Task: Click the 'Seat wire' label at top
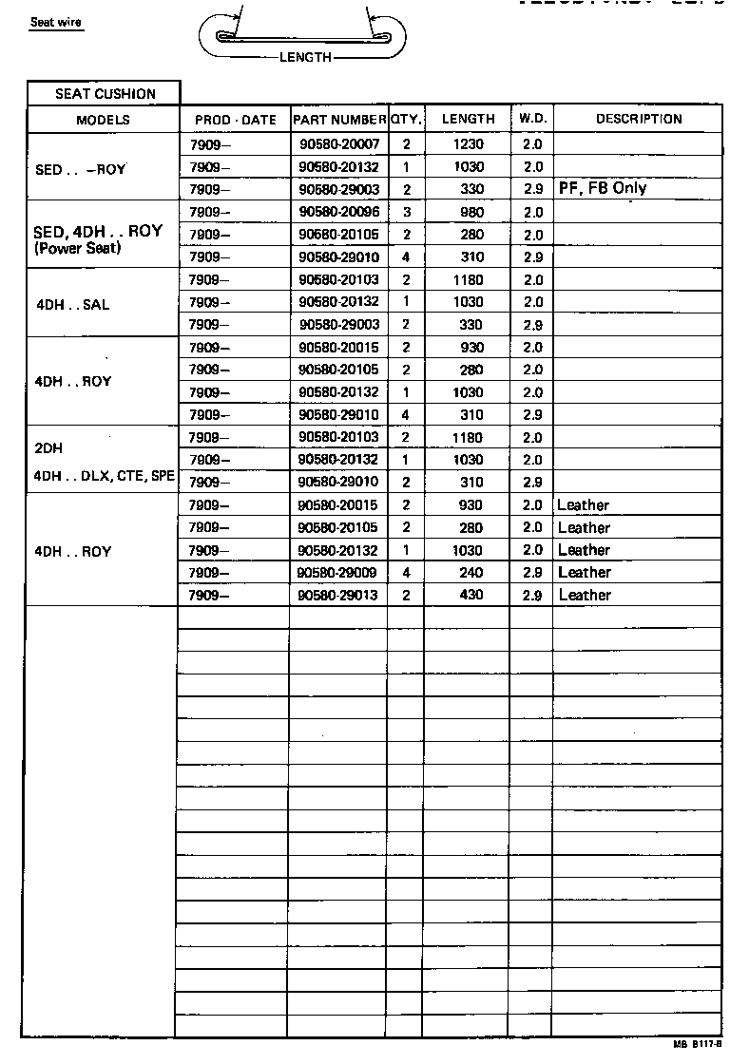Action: click(x=56, y=23)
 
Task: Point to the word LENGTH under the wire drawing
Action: click(x=305, y=57)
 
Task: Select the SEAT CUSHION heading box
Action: click(x=105, y=93)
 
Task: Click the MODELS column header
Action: click(x=103, y=120)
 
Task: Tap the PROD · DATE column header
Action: click(x=235, y=120)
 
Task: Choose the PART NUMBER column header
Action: click(x=339, y=120)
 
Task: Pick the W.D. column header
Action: click(x=532, y=119)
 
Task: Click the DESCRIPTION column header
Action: click(x=639, y=119)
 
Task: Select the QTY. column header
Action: click(x=406, y=120)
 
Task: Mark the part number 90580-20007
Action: click(x=338, y=144)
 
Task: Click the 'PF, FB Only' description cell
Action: click(x=604, y=188)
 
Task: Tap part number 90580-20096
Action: click(x=338, y=212)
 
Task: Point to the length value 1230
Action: click(x=468, y=144)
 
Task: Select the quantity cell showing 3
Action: click(x=406, y=212)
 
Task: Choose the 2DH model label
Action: click(x=49, y=447)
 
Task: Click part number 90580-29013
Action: click(x=338, y=595)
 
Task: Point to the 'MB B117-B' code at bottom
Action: click(x=699, y=1043)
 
